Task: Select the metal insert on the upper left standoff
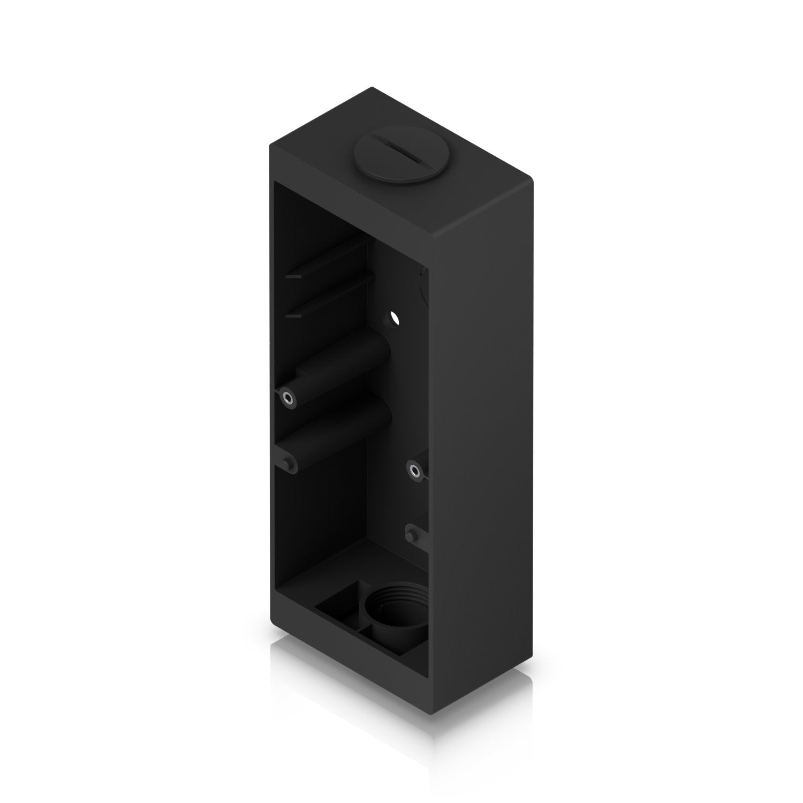click(x=287, y=397)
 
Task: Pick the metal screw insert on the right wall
click(x=414, y=471)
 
